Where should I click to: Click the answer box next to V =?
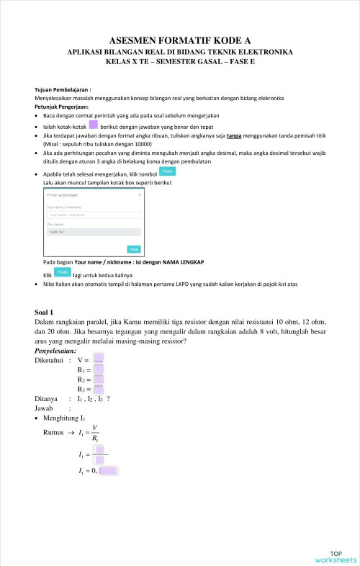tap(99, 359)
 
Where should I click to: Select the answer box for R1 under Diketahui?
tap(99, 369)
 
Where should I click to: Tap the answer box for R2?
tap(99, 379)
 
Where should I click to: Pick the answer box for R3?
tap(99, 390)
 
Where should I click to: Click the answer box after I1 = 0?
tap(108, 471)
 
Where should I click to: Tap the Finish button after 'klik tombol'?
tap(166, 171)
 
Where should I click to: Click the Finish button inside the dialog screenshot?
tap(134, 249)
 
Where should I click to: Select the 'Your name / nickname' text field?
tap(94, 214)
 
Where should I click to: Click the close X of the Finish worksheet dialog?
tap(140, 194)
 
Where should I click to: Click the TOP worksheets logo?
tap(335, 554)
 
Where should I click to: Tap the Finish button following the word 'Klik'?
tap(63, 273)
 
